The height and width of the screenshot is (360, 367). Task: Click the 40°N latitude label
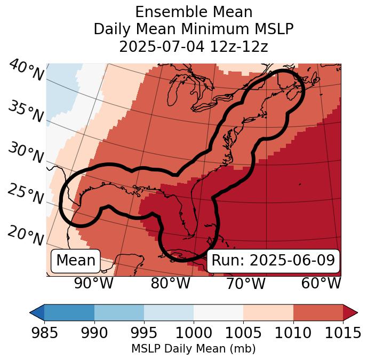26,71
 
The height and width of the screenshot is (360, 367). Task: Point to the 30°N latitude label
26,153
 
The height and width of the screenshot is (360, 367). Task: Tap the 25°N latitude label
26,194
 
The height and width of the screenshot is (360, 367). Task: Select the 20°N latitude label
26,235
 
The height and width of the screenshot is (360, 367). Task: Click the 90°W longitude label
93,283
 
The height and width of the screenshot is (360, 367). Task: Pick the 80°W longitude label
170,283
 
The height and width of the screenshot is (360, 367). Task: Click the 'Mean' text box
76,261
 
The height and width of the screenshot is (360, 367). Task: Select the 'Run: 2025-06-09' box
273,261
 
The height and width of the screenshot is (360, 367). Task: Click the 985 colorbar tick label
44,333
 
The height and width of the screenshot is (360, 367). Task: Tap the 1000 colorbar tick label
194,333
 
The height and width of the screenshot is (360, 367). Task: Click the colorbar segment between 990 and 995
119,312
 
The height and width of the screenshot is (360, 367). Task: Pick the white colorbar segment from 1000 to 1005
218,312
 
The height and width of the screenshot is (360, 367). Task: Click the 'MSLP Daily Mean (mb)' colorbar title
193,349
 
